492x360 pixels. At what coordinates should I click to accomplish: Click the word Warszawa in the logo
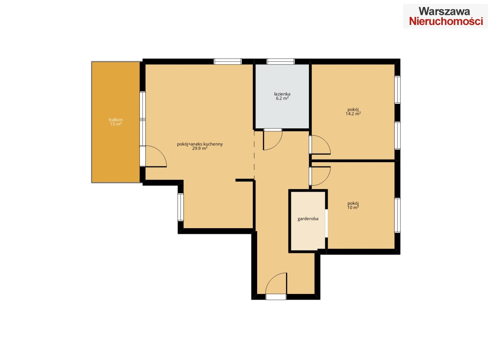[444, 11]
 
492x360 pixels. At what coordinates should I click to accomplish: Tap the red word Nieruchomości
[446, 21]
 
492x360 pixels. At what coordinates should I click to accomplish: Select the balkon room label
[116, 120]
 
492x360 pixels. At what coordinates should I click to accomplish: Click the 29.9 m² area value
[199, 148]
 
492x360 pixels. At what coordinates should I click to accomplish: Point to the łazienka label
[282, 94]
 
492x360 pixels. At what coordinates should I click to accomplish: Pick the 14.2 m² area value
[353, 114]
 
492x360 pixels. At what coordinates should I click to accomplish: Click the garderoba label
[308, 219]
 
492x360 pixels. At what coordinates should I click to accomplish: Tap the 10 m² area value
[353, 207]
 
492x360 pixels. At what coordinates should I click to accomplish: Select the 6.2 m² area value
[282, 98]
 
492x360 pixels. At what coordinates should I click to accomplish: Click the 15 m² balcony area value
[116, 124]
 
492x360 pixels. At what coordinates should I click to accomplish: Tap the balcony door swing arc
[161, 152]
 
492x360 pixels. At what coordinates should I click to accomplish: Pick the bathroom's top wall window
[281, 61]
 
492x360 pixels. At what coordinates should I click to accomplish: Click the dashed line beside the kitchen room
[254, 154]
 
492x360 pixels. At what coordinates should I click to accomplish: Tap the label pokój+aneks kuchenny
[199, 144]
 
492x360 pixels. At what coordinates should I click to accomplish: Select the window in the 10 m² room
[397, 215]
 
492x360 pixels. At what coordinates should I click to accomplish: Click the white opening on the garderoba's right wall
[326, 223]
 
